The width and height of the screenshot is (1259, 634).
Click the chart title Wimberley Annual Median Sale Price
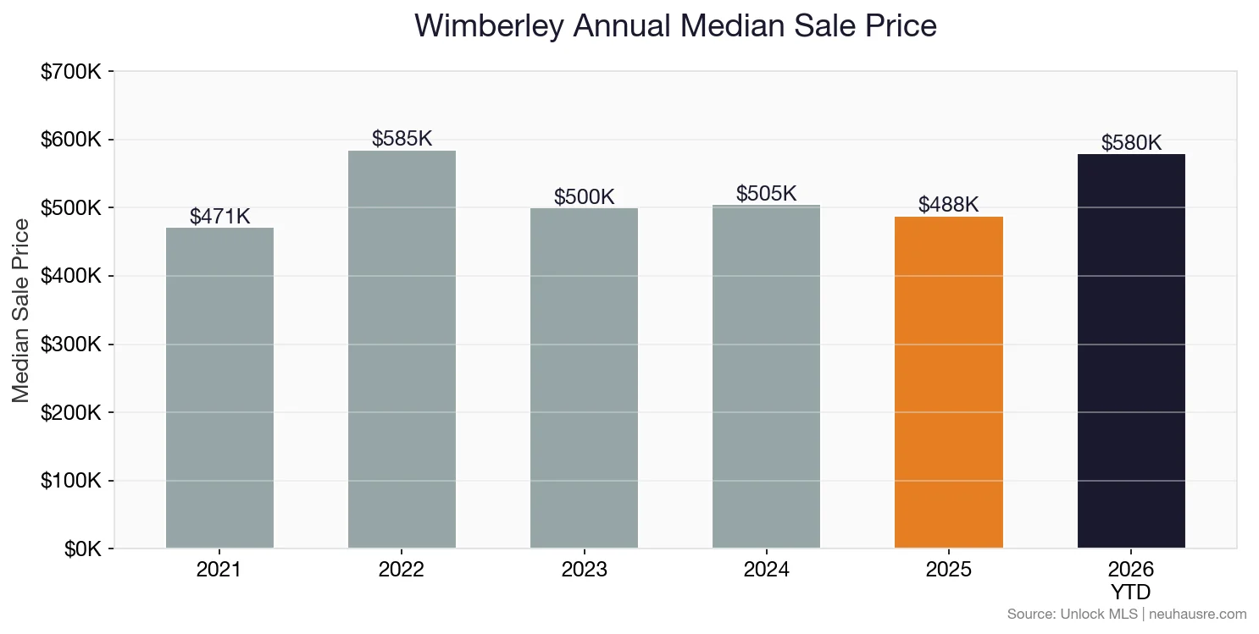click(x=675, y=26)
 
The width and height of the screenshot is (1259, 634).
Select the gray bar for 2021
click(x=219, y=389)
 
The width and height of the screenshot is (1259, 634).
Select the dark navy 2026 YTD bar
click(x=1131, y=351)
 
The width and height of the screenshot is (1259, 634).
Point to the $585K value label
click(x=402, y=139)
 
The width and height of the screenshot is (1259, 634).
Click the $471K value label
click(x=219, y=217)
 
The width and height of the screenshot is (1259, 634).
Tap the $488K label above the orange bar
click(x=948, y=205)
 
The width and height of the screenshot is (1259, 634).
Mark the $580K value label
click(x=1131, y=143)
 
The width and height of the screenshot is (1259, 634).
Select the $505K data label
click(x=766, y=194)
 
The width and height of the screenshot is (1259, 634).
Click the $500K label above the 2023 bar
click(x=584, y=197)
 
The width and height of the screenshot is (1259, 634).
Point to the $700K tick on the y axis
click(x=71, y=72)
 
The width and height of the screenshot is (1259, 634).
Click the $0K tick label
click(x=82, y=549)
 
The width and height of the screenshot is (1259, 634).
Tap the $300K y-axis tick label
click(x=71, y=345)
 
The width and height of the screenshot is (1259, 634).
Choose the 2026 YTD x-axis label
click(x=1131, y=580)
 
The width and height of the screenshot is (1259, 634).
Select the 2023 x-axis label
click(x=584, y=570)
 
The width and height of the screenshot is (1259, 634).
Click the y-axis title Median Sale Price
click(x=21, y=310)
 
